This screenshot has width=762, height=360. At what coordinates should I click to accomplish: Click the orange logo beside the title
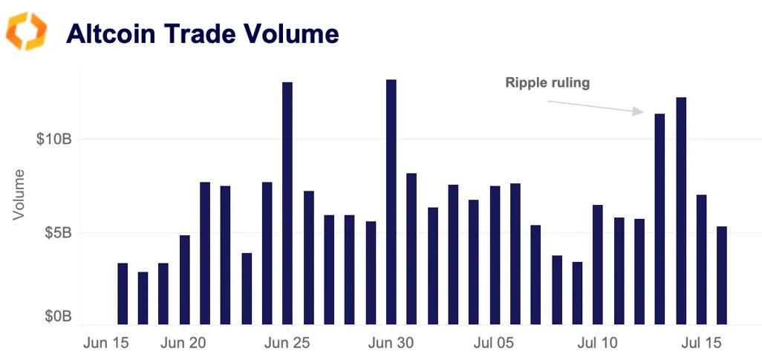coord(26,31)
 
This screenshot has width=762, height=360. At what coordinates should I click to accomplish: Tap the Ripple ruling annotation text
coord(547,82)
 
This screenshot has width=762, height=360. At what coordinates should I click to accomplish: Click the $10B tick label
coord(53,139)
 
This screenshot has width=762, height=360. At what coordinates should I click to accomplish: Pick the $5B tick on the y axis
coord(57,233)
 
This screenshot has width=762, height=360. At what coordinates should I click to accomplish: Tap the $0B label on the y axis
coord(57,317)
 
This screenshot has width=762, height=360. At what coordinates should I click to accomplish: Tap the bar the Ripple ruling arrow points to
coord(660,219)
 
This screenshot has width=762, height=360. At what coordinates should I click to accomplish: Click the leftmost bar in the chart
coord(123,294)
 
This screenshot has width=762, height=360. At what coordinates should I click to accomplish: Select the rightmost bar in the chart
coord(722,275)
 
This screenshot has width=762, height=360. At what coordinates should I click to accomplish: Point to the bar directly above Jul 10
coord(598,264)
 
